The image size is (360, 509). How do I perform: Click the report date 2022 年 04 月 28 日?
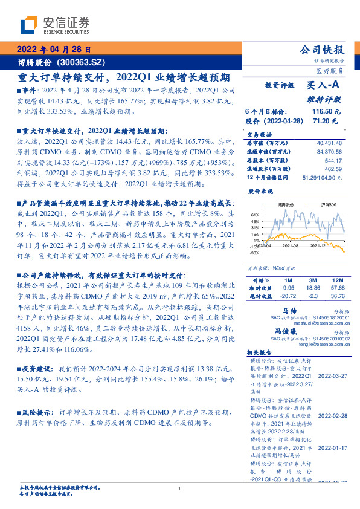pos(54,50)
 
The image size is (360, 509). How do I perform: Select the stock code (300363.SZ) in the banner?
pos(82,63)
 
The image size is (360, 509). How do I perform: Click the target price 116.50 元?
pos(326,112)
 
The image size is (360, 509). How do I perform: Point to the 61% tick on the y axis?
pos(255,215)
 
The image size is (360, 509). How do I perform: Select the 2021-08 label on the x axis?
pos(291,245)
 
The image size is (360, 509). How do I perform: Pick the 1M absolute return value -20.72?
pos(288,296)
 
